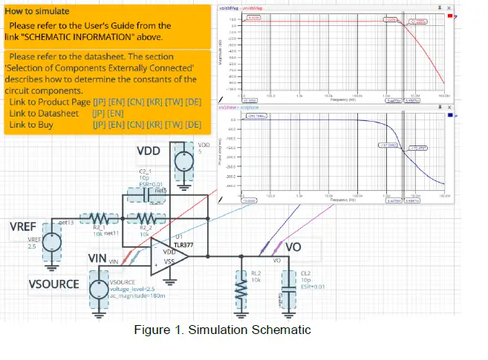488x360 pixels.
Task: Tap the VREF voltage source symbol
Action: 52,243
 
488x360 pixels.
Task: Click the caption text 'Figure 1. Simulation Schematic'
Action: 222,330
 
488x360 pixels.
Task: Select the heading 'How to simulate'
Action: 39,12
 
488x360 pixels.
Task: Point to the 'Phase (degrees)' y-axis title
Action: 224,154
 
